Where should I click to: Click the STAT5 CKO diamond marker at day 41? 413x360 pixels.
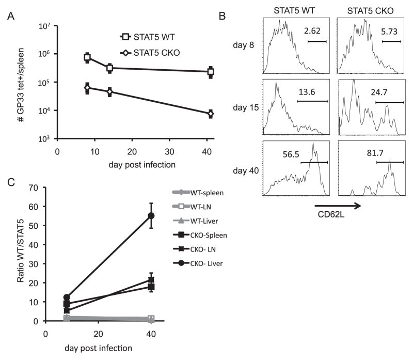coord(211,114)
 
